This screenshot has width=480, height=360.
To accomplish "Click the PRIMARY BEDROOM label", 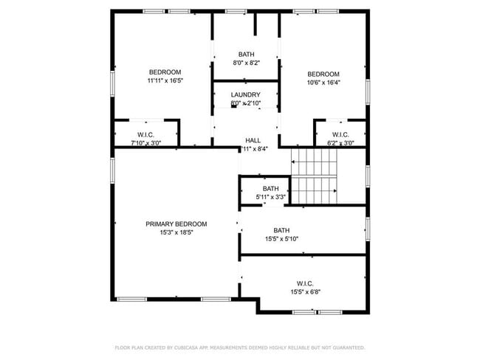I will tap(176, 224).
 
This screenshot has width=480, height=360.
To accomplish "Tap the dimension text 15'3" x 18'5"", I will tap(176, 232).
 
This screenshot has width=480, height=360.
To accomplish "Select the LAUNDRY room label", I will tap(245, 95).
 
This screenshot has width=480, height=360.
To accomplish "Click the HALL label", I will tap(253, 139).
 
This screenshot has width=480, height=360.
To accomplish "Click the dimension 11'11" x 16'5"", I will tap(164, 80).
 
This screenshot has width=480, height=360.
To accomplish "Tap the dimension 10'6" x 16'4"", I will tap(323, 83).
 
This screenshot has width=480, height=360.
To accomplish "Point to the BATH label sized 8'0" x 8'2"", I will tap(246, 55).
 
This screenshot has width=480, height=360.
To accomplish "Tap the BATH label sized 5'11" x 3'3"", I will tap(270, 188).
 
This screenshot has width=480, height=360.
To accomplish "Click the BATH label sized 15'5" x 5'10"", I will tap(281, 229).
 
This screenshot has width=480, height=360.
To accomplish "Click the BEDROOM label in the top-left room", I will tap(164, 72).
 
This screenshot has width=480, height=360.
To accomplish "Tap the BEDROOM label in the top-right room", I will tap(323, 74).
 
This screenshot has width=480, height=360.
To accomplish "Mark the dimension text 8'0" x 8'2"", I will tap(246, 63).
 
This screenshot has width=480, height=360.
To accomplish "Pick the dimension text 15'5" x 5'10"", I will tap(281, 238).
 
